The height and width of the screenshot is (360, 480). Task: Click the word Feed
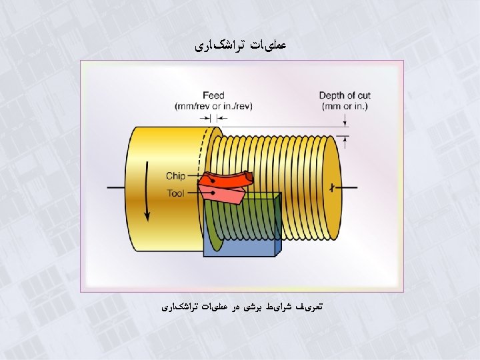point(213,95)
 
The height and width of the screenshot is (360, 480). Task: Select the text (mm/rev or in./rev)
point(213,105)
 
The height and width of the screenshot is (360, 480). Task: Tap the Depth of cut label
point(344,95)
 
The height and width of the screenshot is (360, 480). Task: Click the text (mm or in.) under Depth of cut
point(344,105)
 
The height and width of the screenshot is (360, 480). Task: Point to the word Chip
point(175,177)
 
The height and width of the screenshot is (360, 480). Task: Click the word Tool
point(176,193)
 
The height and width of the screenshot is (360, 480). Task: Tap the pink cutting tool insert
point(223,195)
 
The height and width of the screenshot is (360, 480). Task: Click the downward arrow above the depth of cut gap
point(345,121)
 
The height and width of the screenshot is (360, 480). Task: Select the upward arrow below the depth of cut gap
point(345,141)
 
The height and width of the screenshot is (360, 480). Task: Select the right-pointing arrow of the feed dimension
point(205,118)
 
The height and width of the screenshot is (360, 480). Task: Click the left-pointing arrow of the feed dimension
point(221,118)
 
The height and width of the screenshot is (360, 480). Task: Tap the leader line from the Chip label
point(195,177)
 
